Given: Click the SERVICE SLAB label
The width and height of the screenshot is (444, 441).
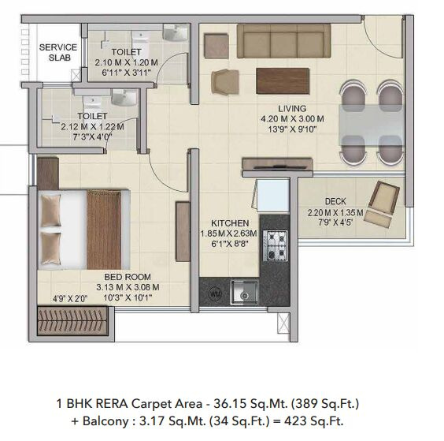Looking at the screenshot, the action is coord(58,53).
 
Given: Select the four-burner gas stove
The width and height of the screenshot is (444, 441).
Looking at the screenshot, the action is coord(276,245).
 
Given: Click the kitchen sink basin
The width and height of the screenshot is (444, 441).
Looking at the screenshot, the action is coord(244,293).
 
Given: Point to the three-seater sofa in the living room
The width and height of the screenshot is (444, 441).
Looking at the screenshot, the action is coord(283,41).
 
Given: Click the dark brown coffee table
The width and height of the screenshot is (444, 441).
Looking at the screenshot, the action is coord(283,81).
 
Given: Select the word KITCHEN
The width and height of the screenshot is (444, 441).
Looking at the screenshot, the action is coord(230,223).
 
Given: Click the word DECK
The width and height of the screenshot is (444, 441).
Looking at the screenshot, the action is coord(335,201).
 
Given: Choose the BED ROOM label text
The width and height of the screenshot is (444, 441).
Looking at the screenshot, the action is coord(128,277).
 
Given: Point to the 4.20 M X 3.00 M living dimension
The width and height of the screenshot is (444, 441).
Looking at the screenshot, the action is coord(292,119).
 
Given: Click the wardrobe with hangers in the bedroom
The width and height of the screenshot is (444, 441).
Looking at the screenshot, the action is coord(72,320).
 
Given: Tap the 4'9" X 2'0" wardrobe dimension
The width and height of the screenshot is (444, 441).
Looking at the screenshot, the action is coord(70,299).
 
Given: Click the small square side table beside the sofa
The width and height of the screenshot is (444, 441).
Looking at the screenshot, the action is coord(216,46).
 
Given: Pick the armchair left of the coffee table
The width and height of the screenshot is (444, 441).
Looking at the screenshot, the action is coord(225,82).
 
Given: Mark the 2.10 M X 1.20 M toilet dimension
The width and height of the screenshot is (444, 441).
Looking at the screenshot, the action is coord(126,62).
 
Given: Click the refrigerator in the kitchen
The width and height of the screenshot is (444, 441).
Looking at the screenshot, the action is coord(272,195).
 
